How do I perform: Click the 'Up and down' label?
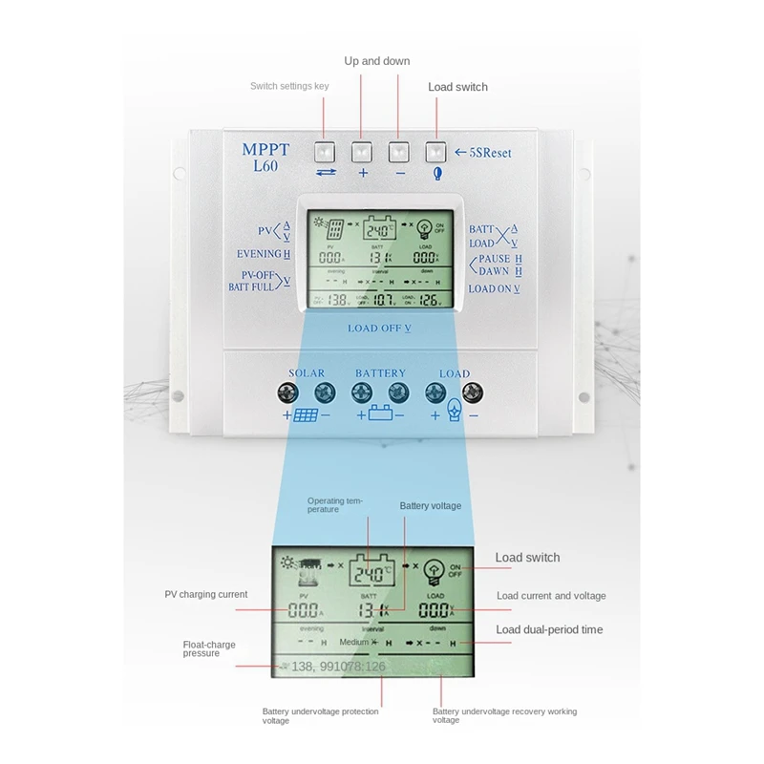376,61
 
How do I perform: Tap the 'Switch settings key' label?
289,86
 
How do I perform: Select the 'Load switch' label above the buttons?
457,87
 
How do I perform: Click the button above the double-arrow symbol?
325,151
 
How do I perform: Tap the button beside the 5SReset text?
436,151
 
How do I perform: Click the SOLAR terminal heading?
307,373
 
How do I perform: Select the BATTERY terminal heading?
380,373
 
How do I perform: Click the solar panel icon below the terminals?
307,416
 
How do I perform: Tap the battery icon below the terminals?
380,416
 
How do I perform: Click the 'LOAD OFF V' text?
380,329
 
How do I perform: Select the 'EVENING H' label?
264,254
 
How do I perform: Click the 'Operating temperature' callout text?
337,504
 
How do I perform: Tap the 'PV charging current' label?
206,594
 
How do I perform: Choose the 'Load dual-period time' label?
549,629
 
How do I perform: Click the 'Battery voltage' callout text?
430,504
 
